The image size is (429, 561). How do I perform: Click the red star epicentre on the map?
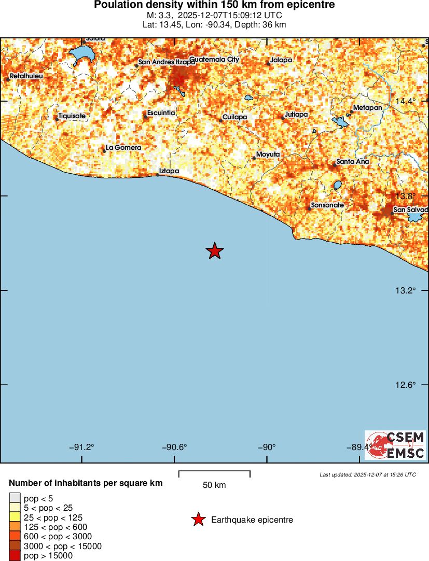(214, 251)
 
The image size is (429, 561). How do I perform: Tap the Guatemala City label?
(214, 60)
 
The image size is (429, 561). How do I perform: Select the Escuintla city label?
(161, 113)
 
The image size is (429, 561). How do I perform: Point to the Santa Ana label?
(353, 162)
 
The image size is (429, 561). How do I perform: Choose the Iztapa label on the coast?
(169, 171)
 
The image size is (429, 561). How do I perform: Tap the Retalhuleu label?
(26, 76)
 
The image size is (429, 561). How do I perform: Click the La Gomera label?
(123, 148)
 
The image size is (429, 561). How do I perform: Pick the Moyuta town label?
(268, 155)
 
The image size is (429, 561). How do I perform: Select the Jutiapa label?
(296, 114)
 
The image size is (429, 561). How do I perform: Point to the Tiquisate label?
(72, 116)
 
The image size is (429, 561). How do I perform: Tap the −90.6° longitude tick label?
(174, 447)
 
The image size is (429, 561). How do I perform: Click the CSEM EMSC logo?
(395, 445)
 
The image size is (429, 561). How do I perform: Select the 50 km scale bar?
(214, 474)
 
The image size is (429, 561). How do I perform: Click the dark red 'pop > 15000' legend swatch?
(15, 556)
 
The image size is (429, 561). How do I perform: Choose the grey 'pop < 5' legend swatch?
(15, 498)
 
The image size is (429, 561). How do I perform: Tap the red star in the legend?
(198, 520)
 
